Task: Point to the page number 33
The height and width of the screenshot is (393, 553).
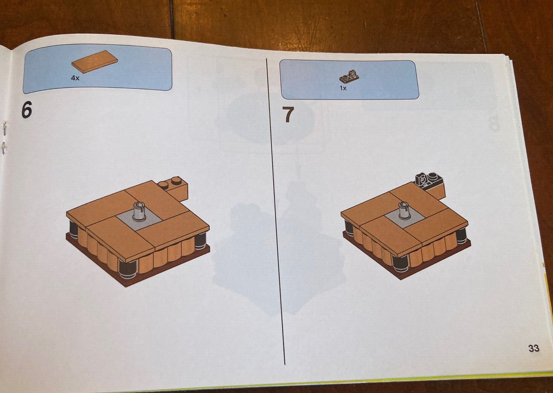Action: [534, 348]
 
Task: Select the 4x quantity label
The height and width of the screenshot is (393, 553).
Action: [75, 79]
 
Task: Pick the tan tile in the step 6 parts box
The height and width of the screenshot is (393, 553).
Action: [94, 64]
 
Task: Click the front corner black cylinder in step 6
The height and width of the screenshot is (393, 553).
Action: [126, 267]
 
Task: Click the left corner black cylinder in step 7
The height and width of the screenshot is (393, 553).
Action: [349, 228]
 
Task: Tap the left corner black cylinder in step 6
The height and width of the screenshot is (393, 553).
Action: [73, 229]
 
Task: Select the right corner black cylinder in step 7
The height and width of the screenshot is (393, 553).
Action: [461, 235]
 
